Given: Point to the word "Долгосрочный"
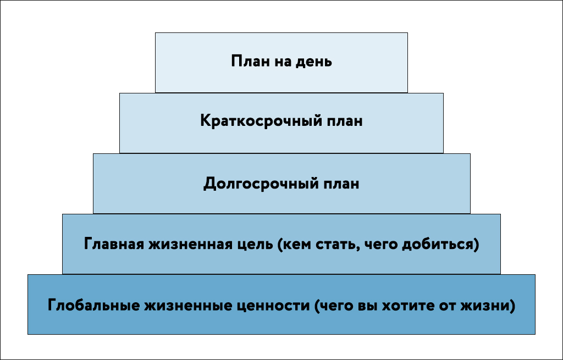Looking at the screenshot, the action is click(261, 184).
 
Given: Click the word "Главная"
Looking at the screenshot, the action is click(114, 245).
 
